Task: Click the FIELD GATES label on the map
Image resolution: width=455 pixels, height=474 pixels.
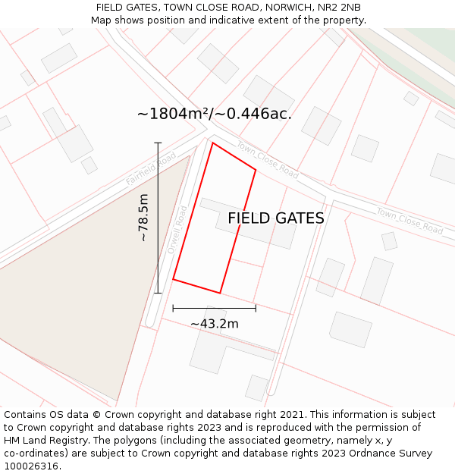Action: [x=276, y=218]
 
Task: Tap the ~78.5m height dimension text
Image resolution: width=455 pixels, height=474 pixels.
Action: [x=143, y=218]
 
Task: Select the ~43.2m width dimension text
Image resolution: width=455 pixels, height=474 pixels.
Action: [x=215, y=324]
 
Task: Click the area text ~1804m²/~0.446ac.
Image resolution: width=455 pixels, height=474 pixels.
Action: [x=215, y=114]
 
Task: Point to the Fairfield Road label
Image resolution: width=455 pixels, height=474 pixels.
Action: [x=151, y=168]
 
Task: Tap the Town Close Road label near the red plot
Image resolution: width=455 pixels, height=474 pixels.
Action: [x=267, y=159]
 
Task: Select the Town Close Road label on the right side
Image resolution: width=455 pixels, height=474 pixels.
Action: [x=409, y=221]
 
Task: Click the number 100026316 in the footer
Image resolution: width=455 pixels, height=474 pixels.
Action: [x=31, y=466]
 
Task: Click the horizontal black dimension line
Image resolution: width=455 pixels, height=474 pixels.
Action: [x=215, y=308]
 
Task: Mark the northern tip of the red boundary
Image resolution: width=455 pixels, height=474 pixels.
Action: [x=213, y=143]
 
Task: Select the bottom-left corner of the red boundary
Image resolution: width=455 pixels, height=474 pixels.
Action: [x=174, y=279]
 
